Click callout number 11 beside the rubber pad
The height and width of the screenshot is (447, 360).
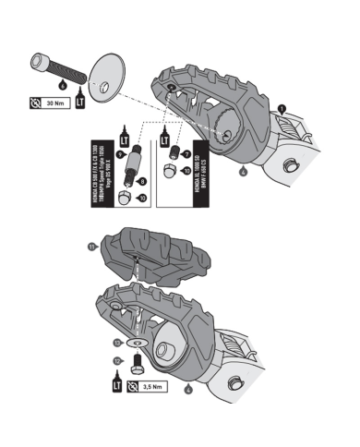pyautogui.click(x=91, y=246)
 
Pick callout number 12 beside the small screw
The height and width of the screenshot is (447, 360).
pyautogui.click(x=117, y=358)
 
